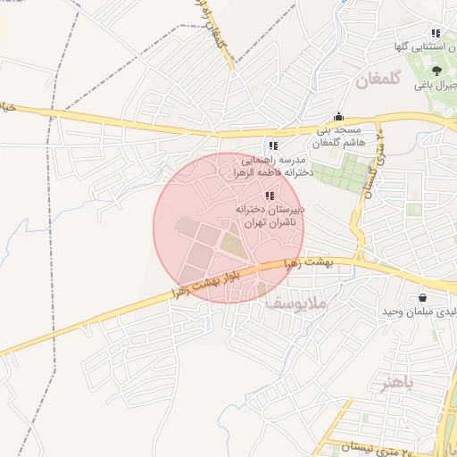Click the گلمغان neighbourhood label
click(362, 80)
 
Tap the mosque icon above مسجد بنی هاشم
click(338, 117)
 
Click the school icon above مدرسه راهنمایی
click(272, 145)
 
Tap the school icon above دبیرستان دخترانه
click(270, 195)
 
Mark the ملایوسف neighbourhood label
click(297, 304)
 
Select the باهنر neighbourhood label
click(397, 384)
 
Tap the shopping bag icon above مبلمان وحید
click(421, 298)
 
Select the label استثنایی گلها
click(428, 45)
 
